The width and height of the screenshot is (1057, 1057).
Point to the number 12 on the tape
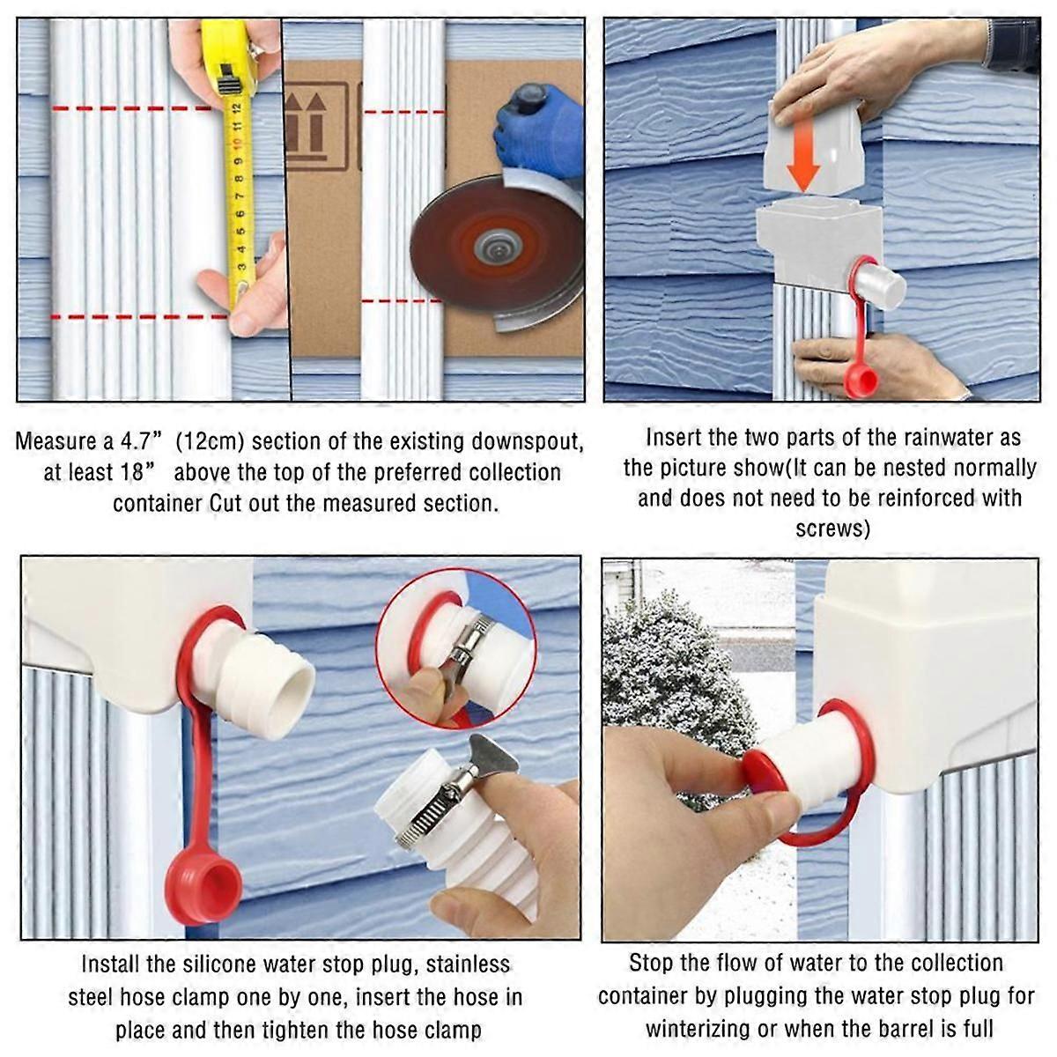(237, 105)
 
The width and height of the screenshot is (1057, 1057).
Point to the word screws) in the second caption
(832, 528)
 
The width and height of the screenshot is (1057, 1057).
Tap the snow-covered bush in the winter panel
(678, 696)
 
